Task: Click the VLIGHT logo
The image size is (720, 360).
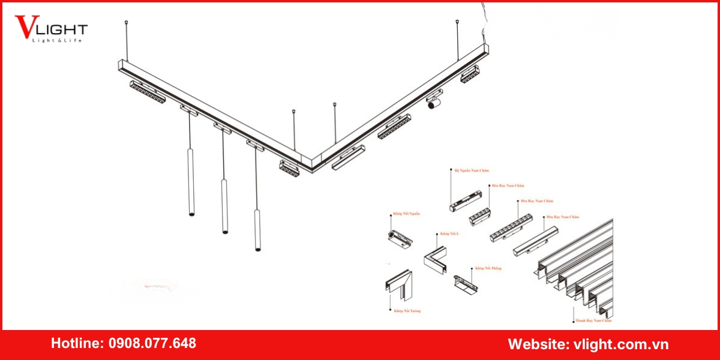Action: [52, 28]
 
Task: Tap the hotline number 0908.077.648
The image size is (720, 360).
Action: [152, 344]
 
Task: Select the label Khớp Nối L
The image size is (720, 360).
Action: [449, 233]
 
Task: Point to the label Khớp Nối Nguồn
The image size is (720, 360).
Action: [406, 213]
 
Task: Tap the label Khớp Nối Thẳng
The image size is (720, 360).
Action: [487, 268]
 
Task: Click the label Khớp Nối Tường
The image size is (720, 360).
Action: [407, 311]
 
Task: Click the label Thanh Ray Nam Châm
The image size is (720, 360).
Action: [593, 321]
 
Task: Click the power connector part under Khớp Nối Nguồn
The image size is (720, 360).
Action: [400, 238]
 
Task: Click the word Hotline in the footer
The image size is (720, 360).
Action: [76, 344]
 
